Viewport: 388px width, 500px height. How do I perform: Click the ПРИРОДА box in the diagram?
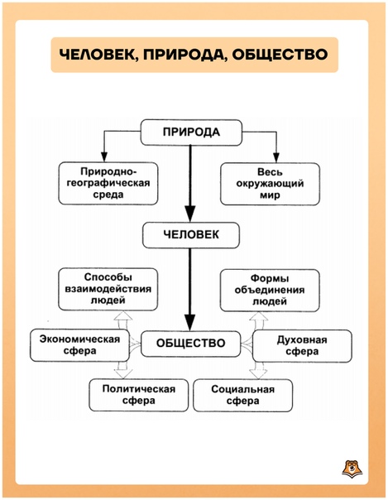(191, 132)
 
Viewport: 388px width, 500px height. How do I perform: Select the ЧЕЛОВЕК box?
(191, 235)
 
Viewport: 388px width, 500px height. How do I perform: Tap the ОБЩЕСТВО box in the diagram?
(190, 344)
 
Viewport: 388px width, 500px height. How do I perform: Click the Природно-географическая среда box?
(108, 183)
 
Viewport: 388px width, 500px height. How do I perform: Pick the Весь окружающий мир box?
(270, 184)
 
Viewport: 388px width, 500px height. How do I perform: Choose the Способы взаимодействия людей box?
(108, 289)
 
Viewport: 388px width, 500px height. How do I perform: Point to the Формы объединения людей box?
(270, 291)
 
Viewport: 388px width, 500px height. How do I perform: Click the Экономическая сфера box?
(79, 345)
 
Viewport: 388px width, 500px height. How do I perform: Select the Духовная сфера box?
(302, 346)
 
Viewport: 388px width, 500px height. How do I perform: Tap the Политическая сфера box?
(139, 395)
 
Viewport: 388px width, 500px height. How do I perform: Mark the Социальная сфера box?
(242, 395)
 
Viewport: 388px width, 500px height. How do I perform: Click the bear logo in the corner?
(352, 469)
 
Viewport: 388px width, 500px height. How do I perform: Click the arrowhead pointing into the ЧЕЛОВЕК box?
(190, 214)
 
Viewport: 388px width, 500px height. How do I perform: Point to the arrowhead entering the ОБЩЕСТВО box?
(190, 322)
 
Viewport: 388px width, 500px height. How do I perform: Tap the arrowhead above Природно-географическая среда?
(104, 157)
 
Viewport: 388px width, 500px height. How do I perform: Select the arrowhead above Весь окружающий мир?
(276, 157)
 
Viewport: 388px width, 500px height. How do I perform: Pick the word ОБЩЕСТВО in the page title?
(280, 54)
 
